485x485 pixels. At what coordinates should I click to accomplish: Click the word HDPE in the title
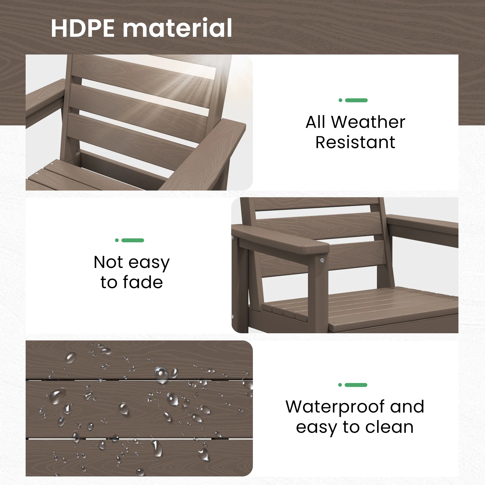[83, 28]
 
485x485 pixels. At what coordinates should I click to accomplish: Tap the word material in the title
[177, 28]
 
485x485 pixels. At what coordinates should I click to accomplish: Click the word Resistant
[355, 142]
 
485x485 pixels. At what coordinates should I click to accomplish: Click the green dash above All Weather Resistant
[356, 100]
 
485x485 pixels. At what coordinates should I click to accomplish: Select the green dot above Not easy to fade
[117, 240]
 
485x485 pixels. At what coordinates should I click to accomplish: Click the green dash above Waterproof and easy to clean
[356, 385]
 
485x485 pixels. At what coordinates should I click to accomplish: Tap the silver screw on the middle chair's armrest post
[322, 261]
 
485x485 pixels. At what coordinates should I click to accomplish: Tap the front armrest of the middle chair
[281, 239]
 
